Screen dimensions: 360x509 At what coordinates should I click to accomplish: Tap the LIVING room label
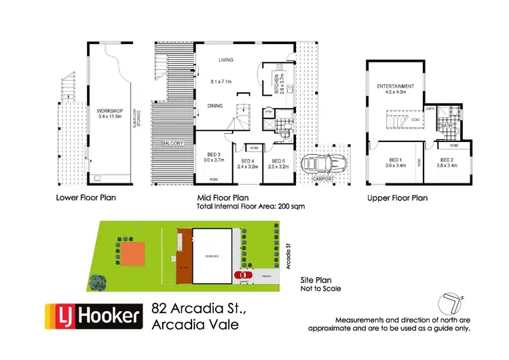(225, 60)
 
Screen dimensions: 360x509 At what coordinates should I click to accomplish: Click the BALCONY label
(174, 143)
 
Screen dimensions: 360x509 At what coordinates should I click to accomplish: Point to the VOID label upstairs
(414, 120)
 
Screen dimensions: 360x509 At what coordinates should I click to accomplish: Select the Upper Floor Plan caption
(397, 198)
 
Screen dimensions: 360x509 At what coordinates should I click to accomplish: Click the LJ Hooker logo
(94, 316)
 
